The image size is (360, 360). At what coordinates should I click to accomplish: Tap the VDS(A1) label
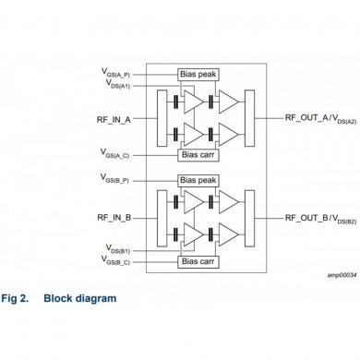[122, 83]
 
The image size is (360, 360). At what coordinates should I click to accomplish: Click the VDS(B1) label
[122, 249]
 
